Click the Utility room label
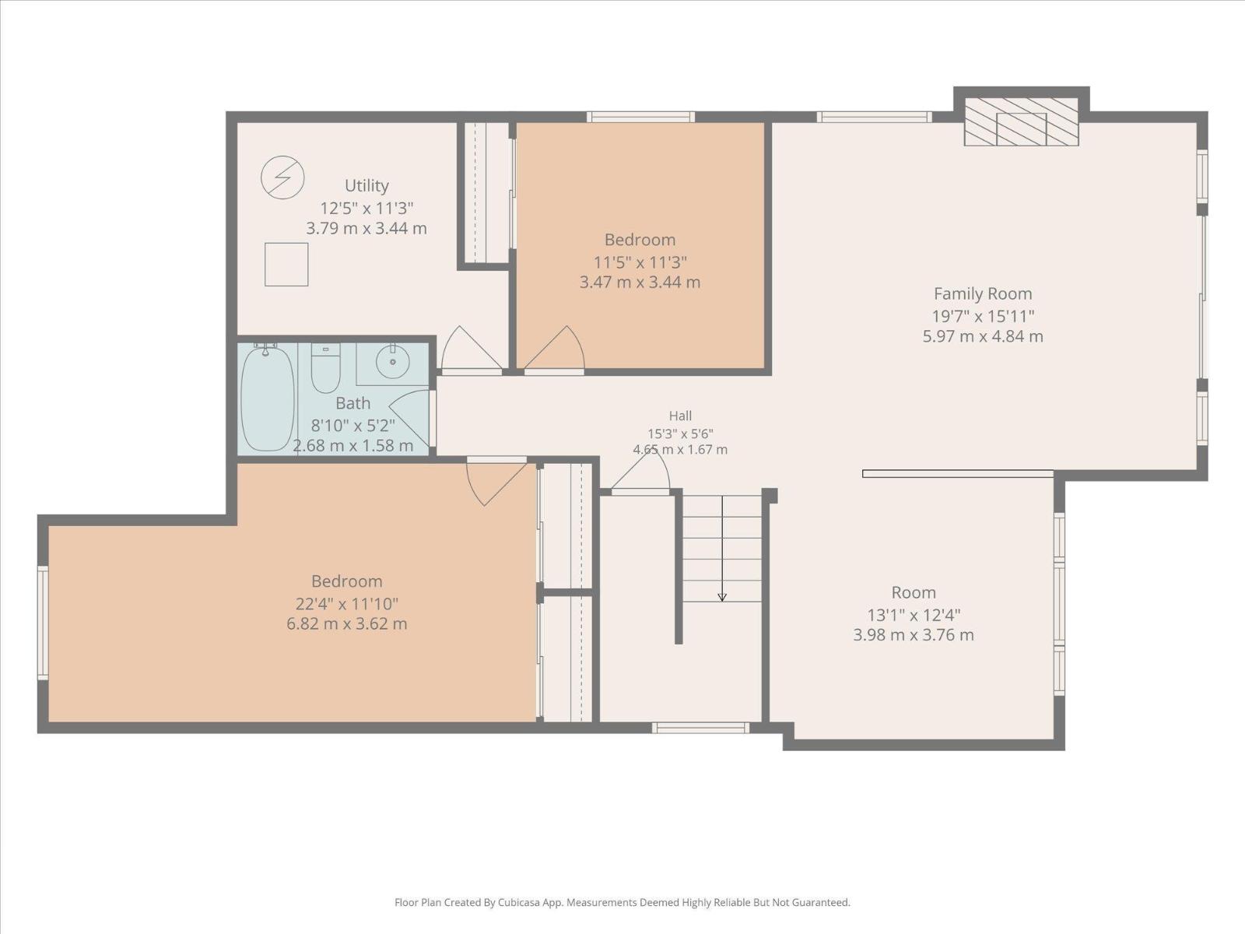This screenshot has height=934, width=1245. click(x=366, y=185)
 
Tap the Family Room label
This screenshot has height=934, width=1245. click(x=983, y=293)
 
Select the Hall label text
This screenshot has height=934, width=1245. click(x=680, y=416)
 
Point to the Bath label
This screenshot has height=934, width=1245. click(x=352, y=403)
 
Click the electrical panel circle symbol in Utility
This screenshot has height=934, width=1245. click(x=282, y=177)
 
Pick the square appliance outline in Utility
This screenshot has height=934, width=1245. click(x=286, y=265)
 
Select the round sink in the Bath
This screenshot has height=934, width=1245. click(x=392, y=361)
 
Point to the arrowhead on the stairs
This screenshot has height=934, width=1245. click(x=722, y=597)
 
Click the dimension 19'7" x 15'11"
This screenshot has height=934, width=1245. click(x=983, y=316)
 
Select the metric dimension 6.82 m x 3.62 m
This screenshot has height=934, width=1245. click(x=346, y=623)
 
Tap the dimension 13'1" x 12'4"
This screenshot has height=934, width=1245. click(x=914, y=615)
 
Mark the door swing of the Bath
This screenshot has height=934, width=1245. click(x=409, y=417)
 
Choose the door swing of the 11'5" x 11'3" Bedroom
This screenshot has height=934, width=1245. click(x=554, y=348)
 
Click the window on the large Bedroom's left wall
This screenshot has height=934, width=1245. click(x=43, y=622)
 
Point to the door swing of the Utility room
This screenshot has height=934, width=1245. click(x=472, y=348)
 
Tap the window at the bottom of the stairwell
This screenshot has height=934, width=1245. click(x=700, y=728)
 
